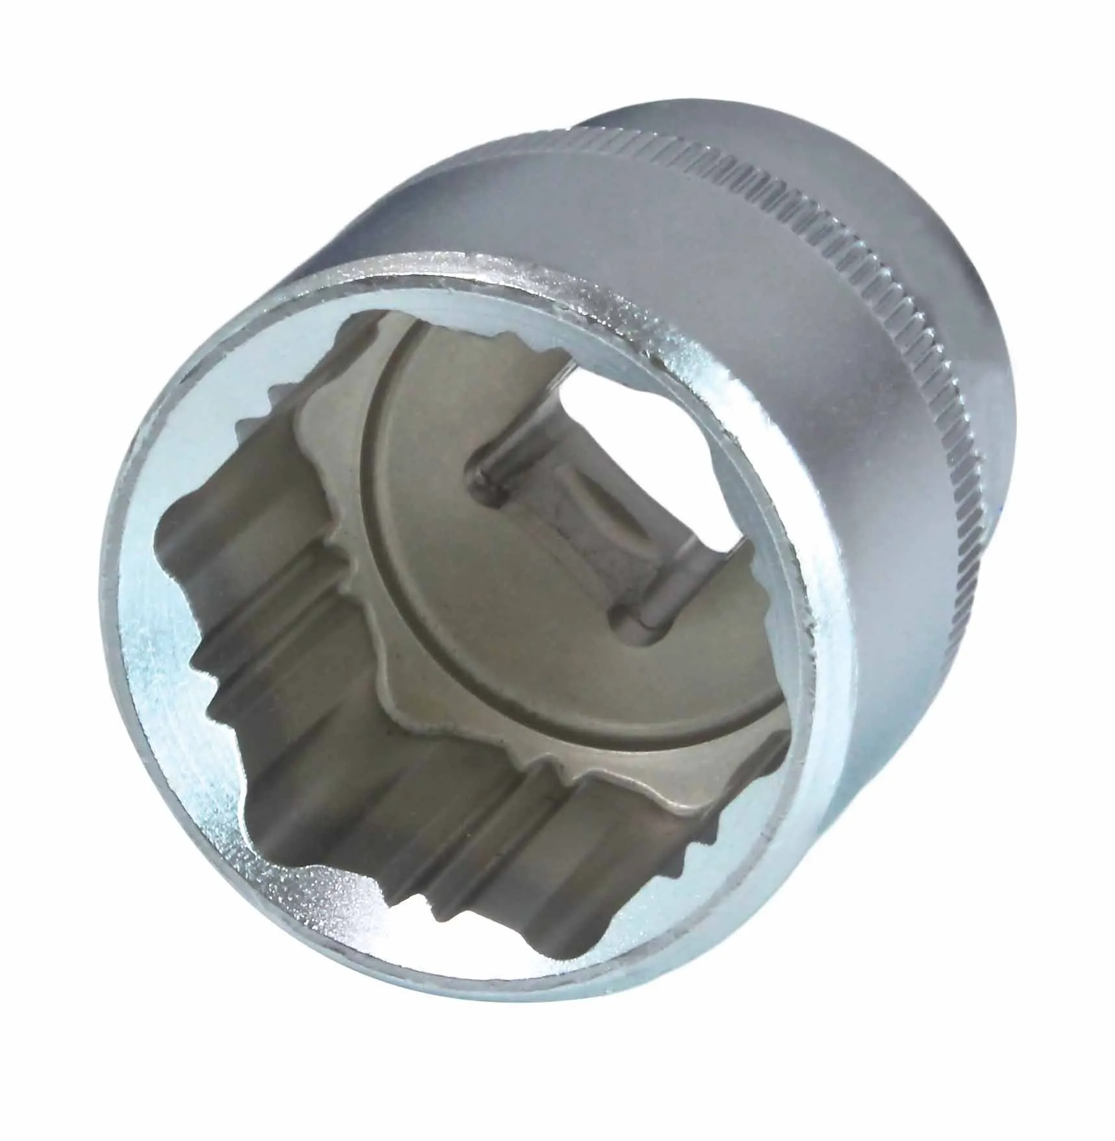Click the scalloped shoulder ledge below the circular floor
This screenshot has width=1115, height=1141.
click(x=455, y=747)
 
